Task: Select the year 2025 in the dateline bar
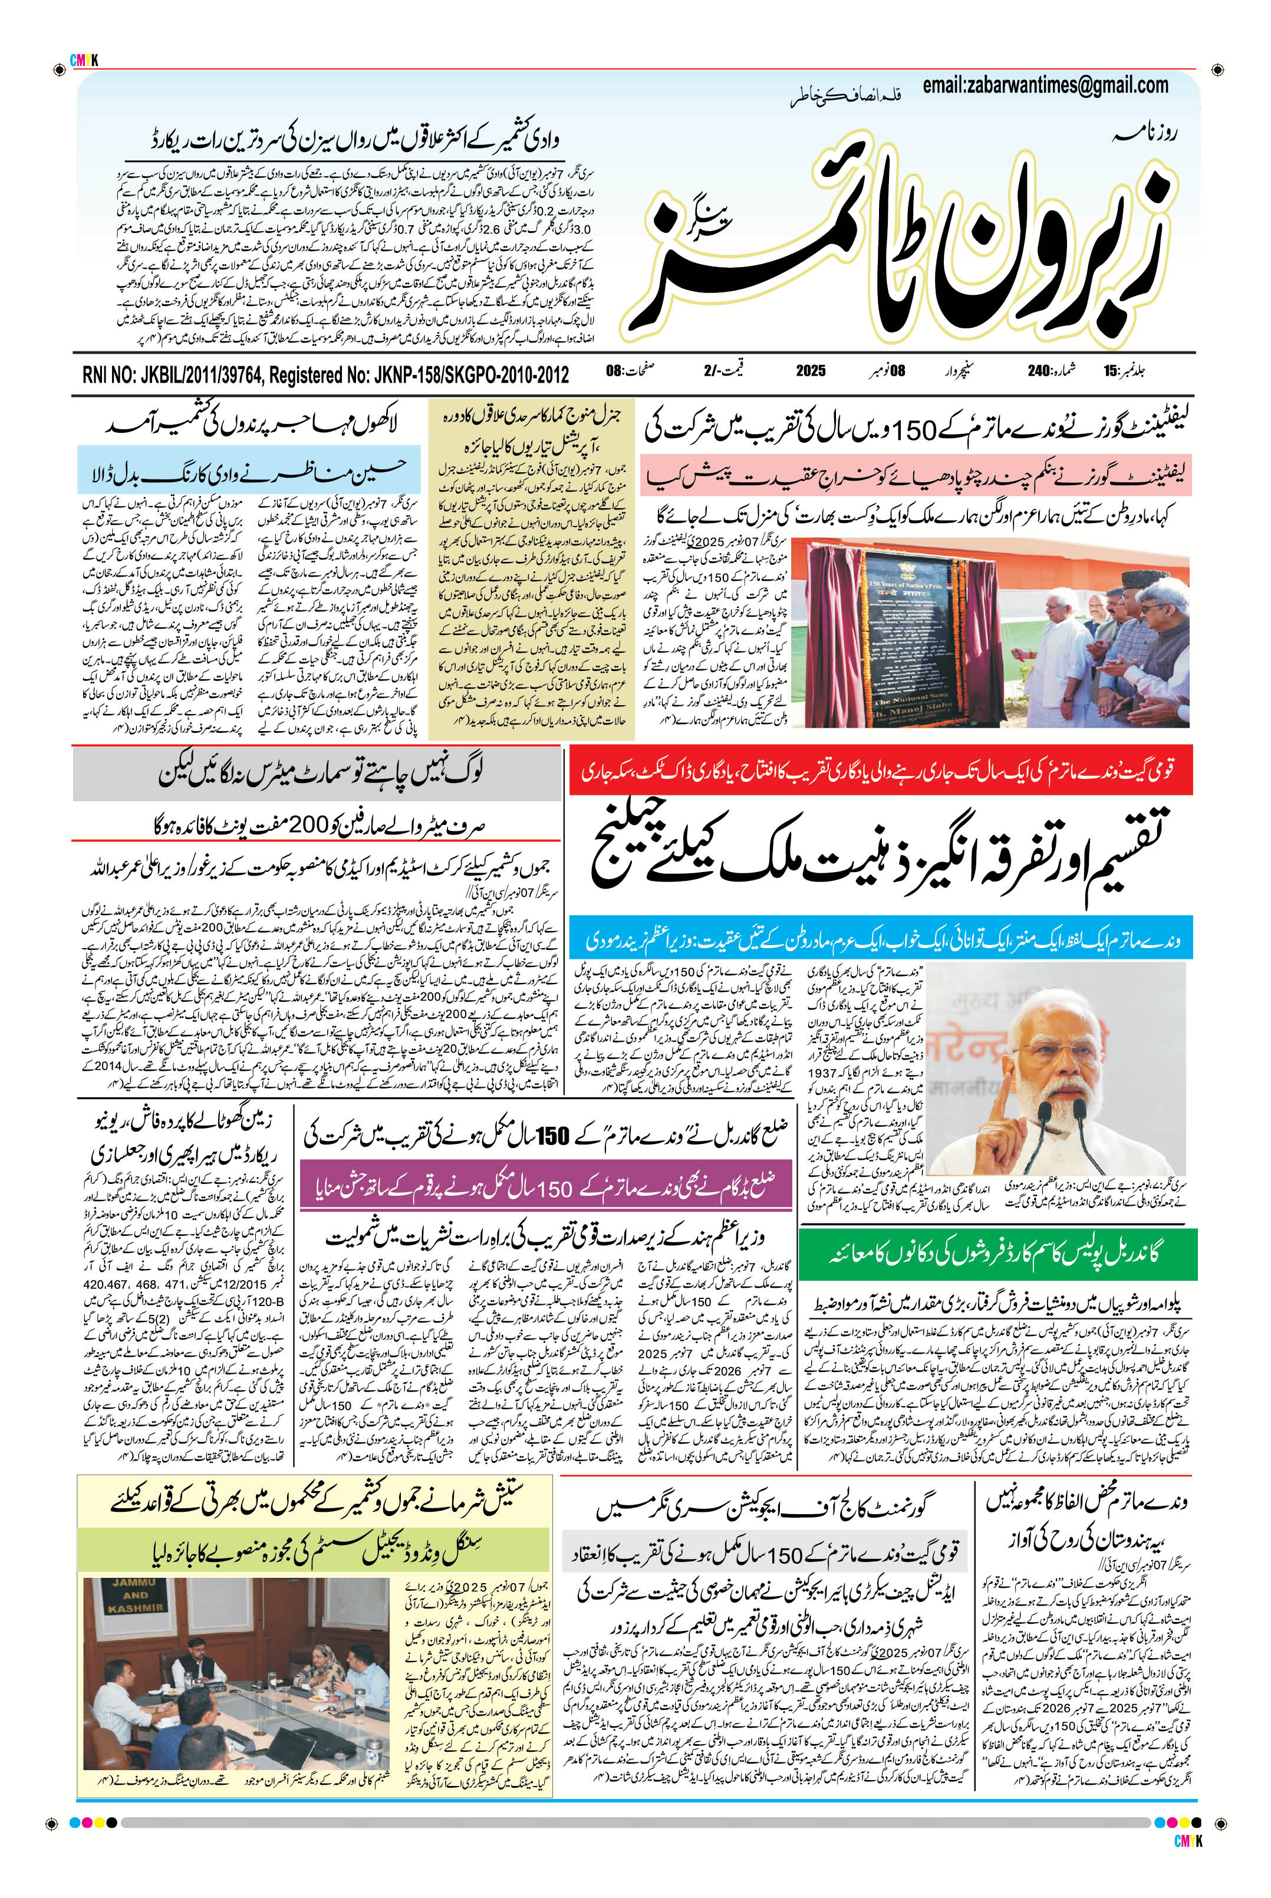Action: (810, 370)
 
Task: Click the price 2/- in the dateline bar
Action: (711, 370)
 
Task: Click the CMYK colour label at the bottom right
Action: (1187, 1841)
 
